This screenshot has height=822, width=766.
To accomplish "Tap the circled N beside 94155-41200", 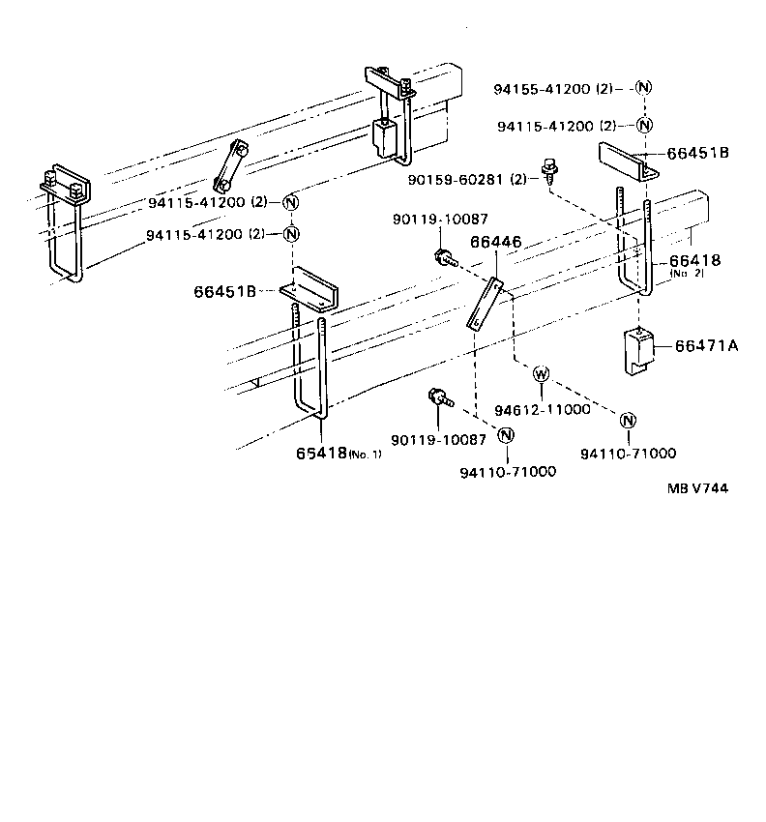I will [644, 88].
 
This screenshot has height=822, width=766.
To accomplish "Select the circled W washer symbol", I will [541, 373].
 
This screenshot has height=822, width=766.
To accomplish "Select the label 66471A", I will [706, 345].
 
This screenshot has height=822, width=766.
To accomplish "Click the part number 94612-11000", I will [542, 409].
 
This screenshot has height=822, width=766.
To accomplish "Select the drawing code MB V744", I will [696, 488].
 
